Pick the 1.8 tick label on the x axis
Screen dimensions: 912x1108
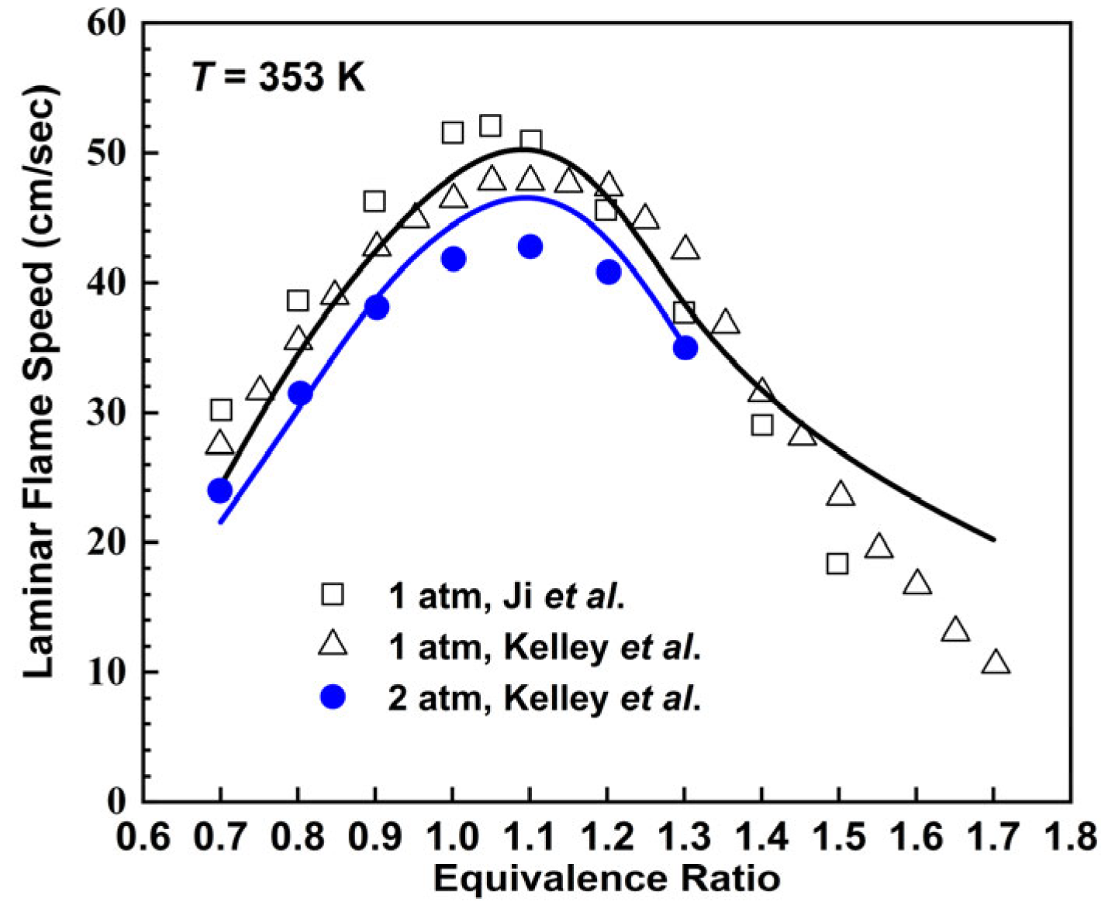[x=1071, y=838]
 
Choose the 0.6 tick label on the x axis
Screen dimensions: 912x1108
[x=143, y=838]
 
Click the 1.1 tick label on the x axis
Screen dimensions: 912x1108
[x=530, y=838]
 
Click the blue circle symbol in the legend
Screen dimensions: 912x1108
[x=333, y=697]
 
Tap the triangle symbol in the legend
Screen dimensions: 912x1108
[x=333, y=645]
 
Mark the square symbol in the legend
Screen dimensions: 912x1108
[x=333, y=594]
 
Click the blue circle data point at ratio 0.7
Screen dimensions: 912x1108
[x=220, y=490]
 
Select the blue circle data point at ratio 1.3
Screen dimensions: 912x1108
[x=685, y=348]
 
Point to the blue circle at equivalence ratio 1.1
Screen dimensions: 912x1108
[x=530, y=247]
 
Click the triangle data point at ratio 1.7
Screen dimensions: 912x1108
[x=996, y=662]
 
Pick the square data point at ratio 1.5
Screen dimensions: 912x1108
[x=837, y=563]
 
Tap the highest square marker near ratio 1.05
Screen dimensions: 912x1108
[x=490, y=126]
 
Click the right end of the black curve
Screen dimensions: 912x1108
[x=993, y=540]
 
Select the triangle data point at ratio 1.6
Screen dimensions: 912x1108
[x=917, y=583]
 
